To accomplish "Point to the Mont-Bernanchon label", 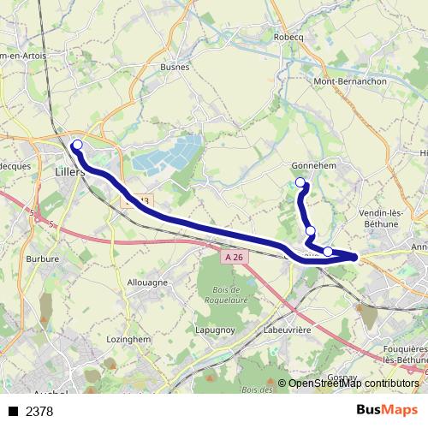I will [x=351, y=81].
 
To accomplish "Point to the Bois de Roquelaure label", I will [x=225, y=295].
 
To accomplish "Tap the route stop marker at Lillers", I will [x=77, y=145].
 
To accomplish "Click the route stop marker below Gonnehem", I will [x=300, y=182].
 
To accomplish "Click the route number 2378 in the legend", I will [x=39, y=412].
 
